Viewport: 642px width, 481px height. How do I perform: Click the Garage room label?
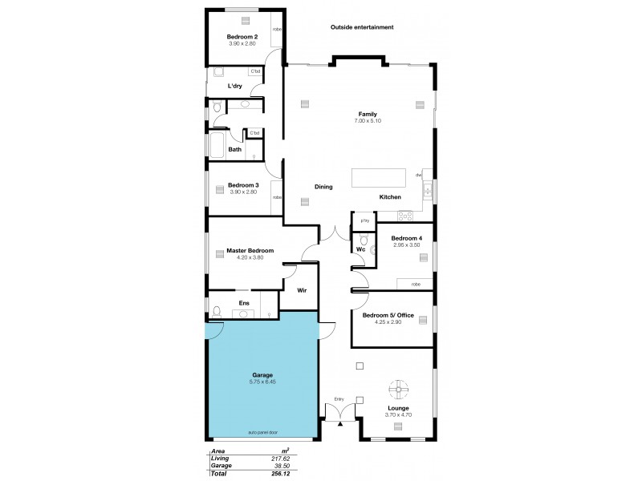(262, 375)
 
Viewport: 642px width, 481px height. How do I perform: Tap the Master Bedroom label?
(244, 251)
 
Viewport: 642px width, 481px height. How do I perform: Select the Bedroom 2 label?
(242, 38)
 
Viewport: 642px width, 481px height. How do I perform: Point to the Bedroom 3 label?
(242, 185)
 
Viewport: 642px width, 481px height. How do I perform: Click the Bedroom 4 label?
(406, 238)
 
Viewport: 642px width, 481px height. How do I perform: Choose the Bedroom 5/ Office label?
(388, 316)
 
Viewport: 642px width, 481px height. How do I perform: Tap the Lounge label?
(397, 408)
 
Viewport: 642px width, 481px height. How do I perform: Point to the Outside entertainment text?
(362, 27)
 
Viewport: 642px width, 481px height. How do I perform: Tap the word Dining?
(323, 187)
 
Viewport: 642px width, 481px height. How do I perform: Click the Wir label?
(302, 290)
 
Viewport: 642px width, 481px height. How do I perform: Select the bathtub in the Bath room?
(217, 145)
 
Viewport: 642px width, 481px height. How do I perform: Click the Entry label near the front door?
(339, 398)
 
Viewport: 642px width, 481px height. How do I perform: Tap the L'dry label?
(235, 86)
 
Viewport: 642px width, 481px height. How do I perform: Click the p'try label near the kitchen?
(364, 220)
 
